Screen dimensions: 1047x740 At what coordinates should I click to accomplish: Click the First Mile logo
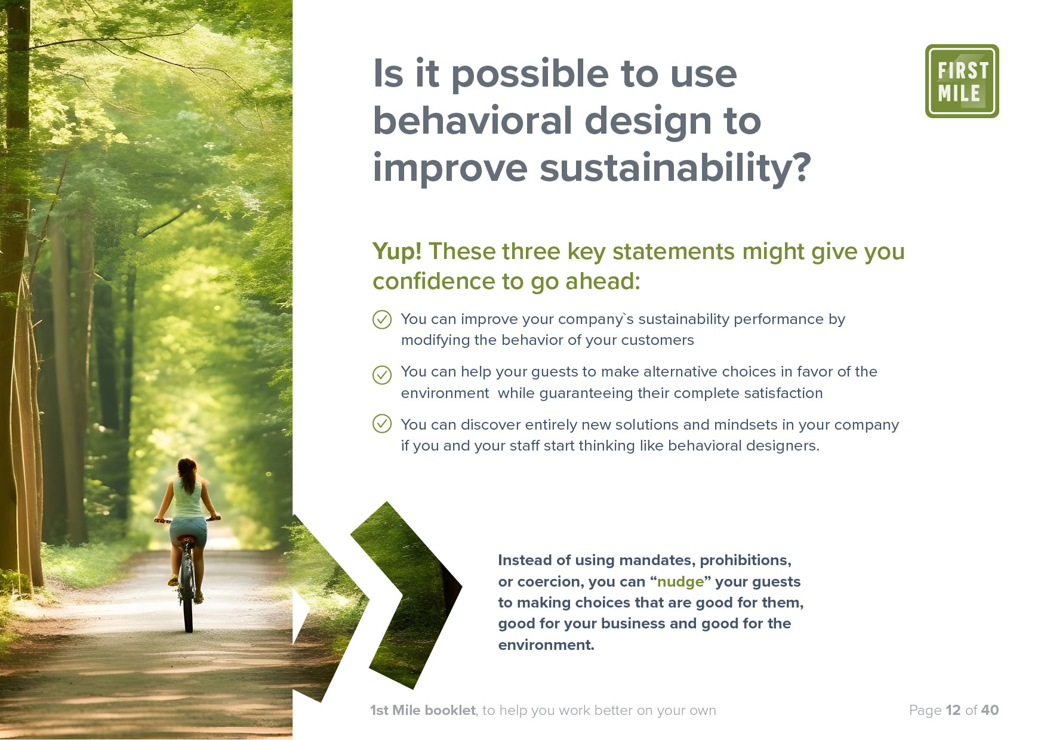pos(962,81)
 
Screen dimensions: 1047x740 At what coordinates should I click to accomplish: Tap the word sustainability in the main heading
pos(675,168)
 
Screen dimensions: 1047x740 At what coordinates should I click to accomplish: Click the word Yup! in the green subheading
pos(397,252)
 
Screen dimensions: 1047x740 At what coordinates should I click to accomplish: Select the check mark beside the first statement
pos(382,320)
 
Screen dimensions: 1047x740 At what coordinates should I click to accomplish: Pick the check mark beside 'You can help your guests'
pos(382,375)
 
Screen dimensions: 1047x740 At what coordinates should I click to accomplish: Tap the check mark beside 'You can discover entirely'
pos(382,424)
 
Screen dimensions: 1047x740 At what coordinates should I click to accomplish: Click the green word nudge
pos(680,582)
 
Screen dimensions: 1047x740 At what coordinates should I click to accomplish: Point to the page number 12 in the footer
pos(953,710)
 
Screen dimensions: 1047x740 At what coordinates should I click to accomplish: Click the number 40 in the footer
pos(990,710)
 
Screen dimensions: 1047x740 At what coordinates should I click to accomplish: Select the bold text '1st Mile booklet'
pos(423,710)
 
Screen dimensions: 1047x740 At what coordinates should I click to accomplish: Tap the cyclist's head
pos(187,468)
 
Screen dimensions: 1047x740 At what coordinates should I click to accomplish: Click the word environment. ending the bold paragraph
pos(546,645)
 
